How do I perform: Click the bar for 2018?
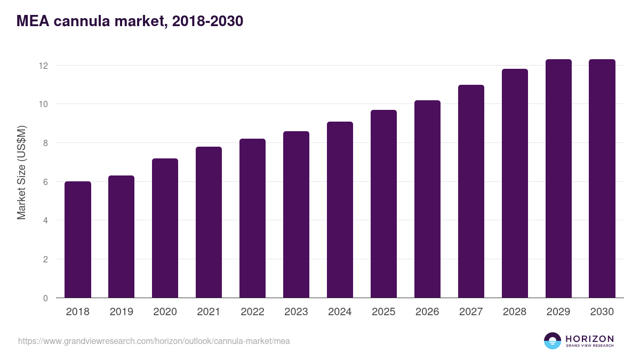[x=78, y=239]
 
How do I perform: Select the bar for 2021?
[x=209, y=222]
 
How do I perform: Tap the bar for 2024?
[x=340, y=210]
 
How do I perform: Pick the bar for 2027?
[x=471, y=191]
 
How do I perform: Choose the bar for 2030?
[x=602, y=179]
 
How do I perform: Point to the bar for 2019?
[x=122, y=237]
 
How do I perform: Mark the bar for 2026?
[x=427, y=199]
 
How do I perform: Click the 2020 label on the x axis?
[x=165, y=312]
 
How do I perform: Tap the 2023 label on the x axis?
[x=296, y=312]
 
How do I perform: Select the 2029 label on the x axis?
[x=558, y=312]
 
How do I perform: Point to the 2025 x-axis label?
[x=383, y=312]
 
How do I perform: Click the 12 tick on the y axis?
[x=43, y=66]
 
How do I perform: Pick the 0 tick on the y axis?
[x=45, y=298]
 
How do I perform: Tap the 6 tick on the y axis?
[x=45, y=182]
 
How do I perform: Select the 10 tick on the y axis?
[x=43, y=104]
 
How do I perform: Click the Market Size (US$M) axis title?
[x=21, y=172]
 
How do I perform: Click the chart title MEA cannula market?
[x=130, y=21]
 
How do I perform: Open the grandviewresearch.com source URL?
[x=154, y=341]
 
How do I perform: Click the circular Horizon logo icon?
[x=552, y=341]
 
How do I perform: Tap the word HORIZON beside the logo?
[x=589, y=339]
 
